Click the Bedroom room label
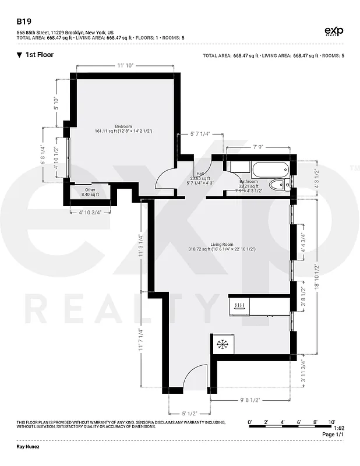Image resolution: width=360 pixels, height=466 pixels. point(123,126)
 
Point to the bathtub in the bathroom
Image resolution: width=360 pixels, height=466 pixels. point(269,170)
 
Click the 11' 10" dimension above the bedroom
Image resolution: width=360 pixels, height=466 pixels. point(125,65)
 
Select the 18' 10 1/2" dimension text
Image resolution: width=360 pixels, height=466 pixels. point(317,276)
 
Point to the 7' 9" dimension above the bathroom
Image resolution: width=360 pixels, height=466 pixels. point(259,147)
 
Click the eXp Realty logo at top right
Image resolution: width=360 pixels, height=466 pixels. point(333,31)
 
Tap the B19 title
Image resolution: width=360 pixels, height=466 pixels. point(23,19)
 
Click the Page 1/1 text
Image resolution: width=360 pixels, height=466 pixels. point(333,435)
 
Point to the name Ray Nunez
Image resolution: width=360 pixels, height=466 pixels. point(30,449)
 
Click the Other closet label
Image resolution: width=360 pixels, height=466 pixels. point(89,190)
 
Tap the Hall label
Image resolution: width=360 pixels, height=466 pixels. point(200,174)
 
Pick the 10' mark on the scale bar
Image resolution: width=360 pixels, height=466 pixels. point(331,421)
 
